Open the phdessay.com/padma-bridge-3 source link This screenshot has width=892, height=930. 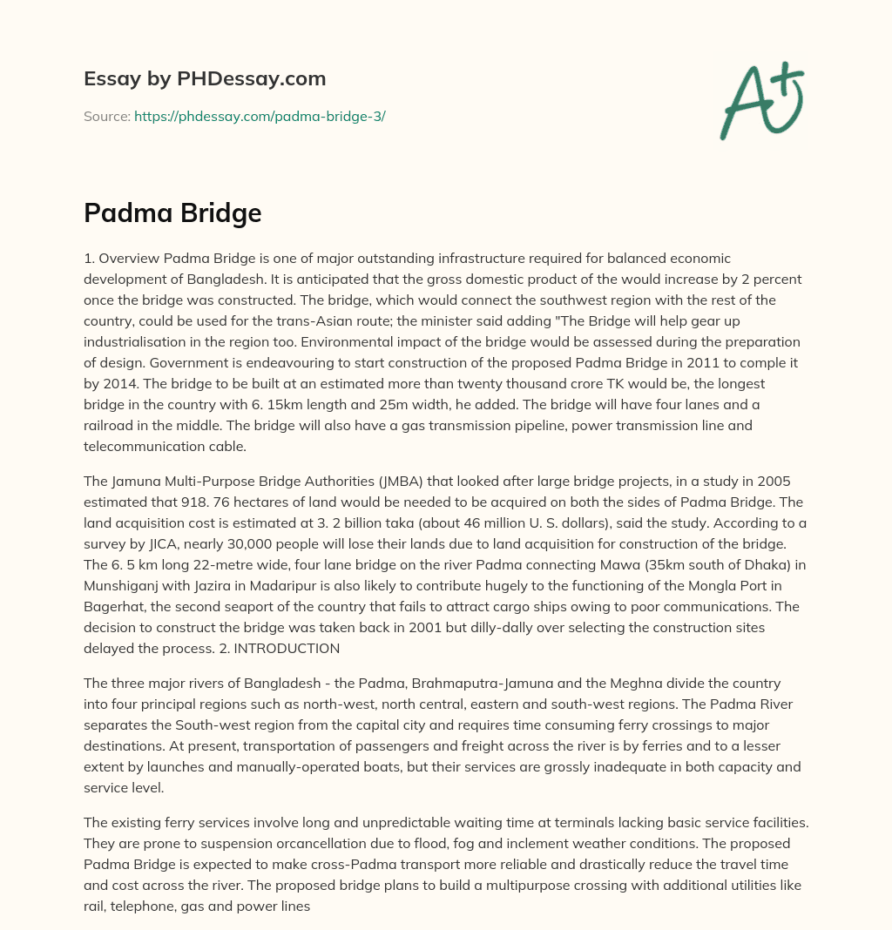260,116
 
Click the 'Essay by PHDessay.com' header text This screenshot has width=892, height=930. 205,79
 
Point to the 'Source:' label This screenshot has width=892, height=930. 107,116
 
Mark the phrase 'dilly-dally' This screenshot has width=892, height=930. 437,628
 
